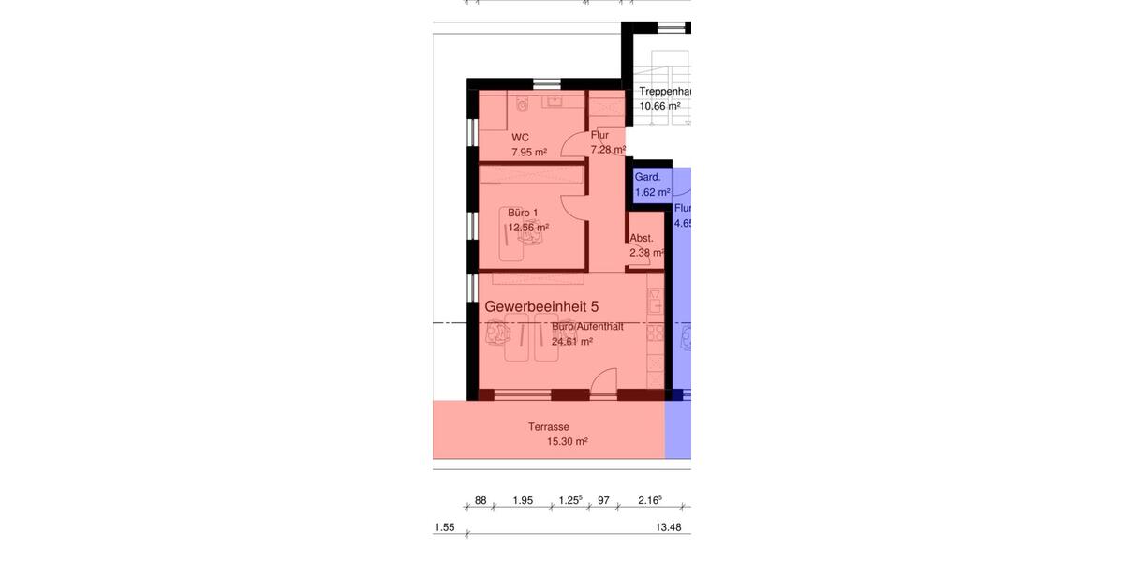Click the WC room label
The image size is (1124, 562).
pos(520,137)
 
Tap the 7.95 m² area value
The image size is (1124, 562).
pos(529,152)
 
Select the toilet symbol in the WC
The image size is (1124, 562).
pos(523,102)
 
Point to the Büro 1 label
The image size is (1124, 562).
pos(523,213)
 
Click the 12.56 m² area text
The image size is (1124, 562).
pos(528,228)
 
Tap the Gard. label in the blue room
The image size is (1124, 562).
pos(647,177)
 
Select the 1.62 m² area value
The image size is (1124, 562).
pos(652,193)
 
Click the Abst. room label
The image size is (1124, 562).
pos(642,238)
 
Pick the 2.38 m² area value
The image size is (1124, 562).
pos(646,252)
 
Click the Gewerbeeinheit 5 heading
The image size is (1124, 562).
pos(541,306)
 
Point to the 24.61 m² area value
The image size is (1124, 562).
pos(572,342)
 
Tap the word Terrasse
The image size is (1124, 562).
pos(548,427)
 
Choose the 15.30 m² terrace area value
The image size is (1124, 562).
pos(568,442)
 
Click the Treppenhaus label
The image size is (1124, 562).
pos(665,92)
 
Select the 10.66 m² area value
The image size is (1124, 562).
pos(659,106)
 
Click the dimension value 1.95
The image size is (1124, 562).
pos(524,501)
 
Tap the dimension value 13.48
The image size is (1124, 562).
pos(668,528)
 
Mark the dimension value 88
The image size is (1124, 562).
pos(481,501)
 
